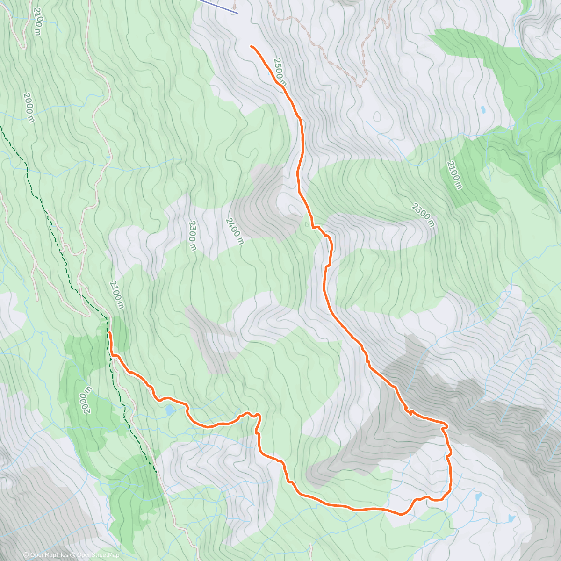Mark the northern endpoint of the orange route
pyautogui.click(x=252, y=46)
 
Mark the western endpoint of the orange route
pyautogui.click(x=109, y=332)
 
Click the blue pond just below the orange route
pyautogui.click(x=169, y=410)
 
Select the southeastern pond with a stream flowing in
pyautogui.click(x=512, y=518)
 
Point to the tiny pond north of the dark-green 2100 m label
pyautogui.click(x=482, y=110)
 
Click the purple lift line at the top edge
pyautogui.click(x=220, y=6)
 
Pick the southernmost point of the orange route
pyautogui.click(x=401, y=515)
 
